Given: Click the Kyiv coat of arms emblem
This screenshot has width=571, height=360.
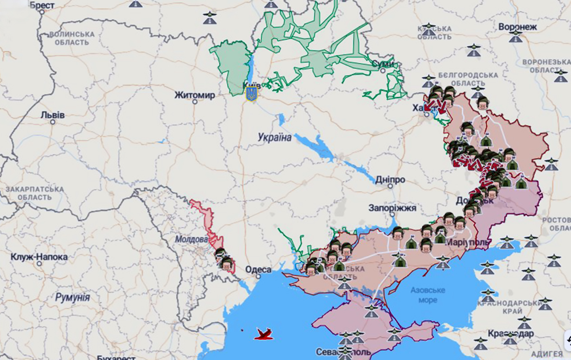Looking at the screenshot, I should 251,94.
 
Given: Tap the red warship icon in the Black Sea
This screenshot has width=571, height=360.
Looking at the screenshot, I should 264,335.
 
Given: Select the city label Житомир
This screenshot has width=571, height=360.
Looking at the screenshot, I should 195,95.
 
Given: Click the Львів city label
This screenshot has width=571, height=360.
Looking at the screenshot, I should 53,115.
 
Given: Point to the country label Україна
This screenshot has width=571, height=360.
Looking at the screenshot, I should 275,137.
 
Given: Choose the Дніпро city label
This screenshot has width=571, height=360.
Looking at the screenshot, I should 390,180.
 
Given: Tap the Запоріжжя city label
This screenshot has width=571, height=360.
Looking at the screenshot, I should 392,208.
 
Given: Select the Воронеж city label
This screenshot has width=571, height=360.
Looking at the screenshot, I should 517,27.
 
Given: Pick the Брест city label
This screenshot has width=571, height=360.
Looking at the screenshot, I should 42,6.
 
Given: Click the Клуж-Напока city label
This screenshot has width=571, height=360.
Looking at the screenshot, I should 39,257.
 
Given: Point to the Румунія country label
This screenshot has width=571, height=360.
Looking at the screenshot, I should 72,298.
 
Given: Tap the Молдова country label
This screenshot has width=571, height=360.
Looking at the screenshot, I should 192,240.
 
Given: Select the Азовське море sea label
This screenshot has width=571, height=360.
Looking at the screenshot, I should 428,295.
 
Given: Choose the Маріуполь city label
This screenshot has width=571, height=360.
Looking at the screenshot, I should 468,243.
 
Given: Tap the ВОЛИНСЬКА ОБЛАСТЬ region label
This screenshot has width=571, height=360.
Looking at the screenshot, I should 72,38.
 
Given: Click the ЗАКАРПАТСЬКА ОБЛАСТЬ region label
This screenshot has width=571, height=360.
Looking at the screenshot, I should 34,194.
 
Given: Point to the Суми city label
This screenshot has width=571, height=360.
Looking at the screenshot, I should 383,64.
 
